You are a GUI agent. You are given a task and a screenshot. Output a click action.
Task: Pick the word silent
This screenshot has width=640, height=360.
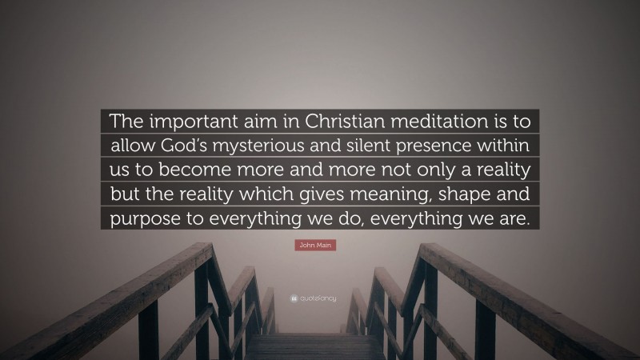[409, 146]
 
